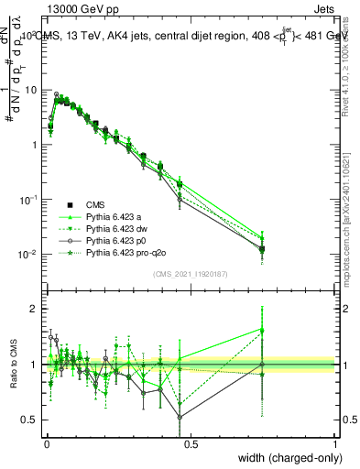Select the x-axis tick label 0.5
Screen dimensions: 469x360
(x=191, y=443)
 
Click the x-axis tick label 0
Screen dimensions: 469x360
(x=47, y=443)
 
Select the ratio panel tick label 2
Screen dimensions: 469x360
(x=36, y=310)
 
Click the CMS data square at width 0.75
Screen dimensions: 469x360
(x=263, y=249)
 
